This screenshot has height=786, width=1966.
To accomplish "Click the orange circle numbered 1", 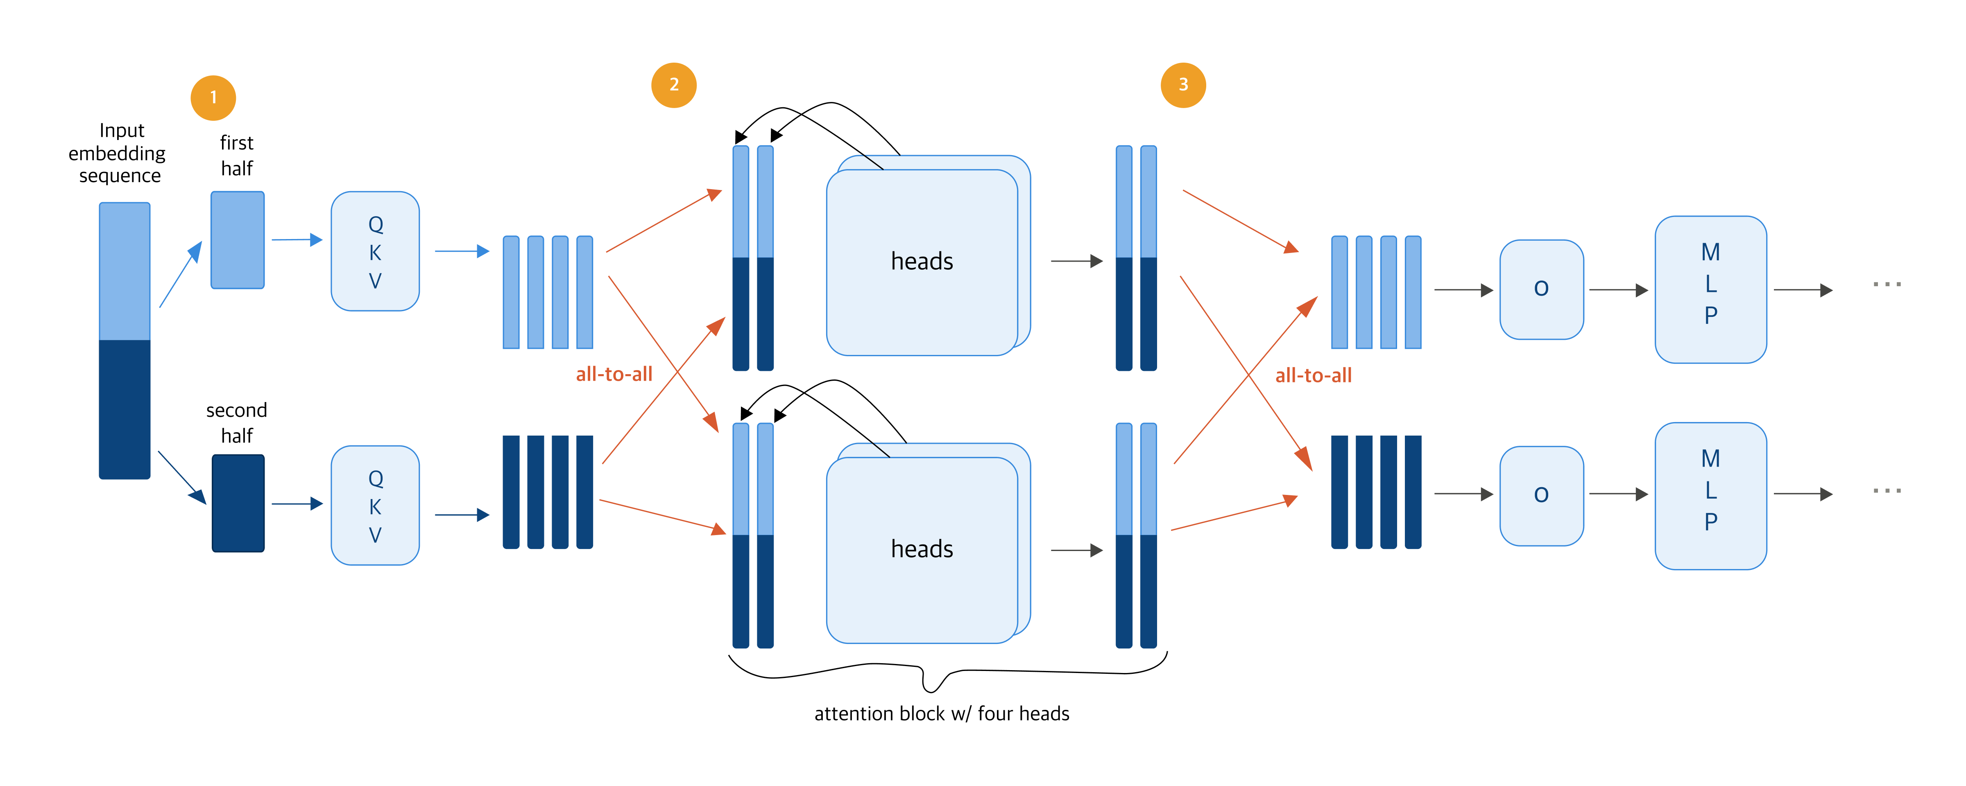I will point(213,98).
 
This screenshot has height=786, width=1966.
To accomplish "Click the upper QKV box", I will point(375,251).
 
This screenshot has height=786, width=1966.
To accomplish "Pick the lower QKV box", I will point(375,505).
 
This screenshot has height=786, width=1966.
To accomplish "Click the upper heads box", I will point(922,262).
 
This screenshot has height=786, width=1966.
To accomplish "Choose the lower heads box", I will point(922,549).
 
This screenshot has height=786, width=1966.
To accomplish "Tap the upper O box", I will point(1541,289).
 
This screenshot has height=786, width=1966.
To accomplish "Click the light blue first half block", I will point(238,239).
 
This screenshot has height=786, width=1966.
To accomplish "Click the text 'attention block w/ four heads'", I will point(941,714).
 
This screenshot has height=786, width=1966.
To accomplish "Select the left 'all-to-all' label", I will point(614,374).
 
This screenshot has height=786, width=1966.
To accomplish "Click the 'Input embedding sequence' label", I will point(118,154).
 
